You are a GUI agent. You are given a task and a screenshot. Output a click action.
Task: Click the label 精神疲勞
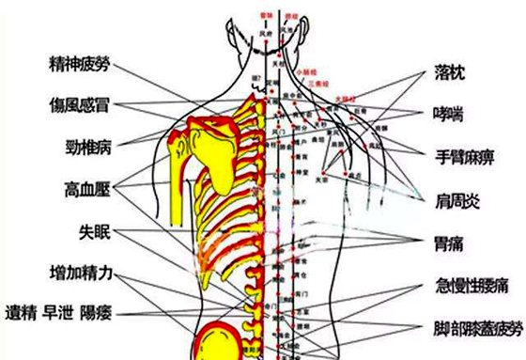coord(80,65)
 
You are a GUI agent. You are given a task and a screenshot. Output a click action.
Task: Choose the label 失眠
coord(96,230)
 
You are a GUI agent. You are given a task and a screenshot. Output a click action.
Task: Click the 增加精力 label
coord(82,274)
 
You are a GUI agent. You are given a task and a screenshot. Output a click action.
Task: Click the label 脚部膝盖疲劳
coord(474,328)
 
